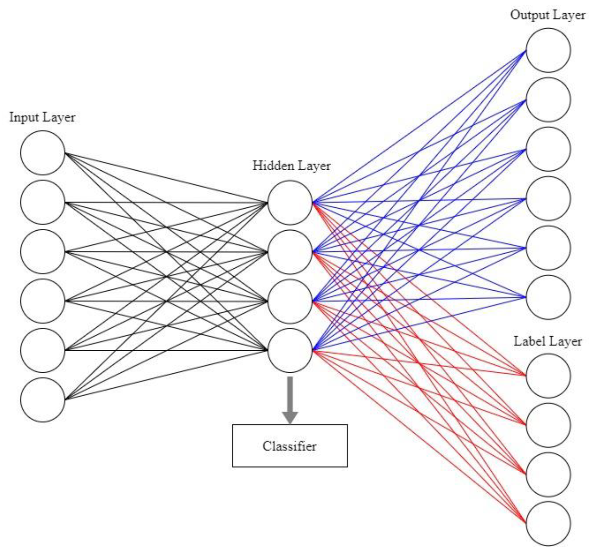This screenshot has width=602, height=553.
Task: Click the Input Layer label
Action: [x=42, y=118]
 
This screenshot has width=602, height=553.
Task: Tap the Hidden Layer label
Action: [x=291, y=166]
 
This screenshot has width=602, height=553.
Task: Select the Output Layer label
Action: [x=548, y=15]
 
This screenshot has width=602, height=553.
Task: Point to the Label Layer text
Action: [x=548, y=341]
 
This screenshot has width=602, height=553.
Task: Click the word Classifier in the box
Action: [x=290, y=446]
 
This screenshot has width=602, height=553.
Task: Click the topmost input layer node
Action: [x=43, y=153]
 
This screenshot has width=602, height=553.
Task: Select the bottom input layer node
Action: [x=43, y=400]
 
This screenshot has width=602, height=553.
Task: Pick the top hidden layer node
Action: [x=290, y=202]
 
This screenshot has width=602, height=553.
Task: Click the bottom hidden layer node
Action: [x=290, y=350]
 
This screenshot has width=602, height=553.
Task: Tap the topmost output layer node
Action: [x=548, y=50]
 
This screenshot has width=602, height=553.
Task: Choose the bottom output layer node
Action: [x=548, y=297]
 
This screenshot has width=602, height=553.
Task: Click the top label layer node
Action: [x=548, y=376]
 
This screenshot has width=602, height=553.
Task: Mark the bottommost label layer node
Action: [x=548, y=523]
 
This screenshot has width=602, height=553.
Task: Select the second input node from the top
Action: [x=43, y=202]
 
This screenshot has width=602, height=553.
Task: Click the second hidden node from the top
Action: [x=290, y=252]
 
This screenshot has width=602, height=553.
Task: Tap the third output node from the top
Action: [x=548, y=149]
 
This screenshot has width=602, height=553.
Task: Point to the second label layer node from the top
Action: [x=548, y=425]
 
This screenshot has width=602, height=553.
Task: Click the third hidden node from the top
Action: [x=290, y=301]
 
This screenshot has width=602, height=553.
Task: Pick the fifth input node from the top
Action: [x=43, y=350]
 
